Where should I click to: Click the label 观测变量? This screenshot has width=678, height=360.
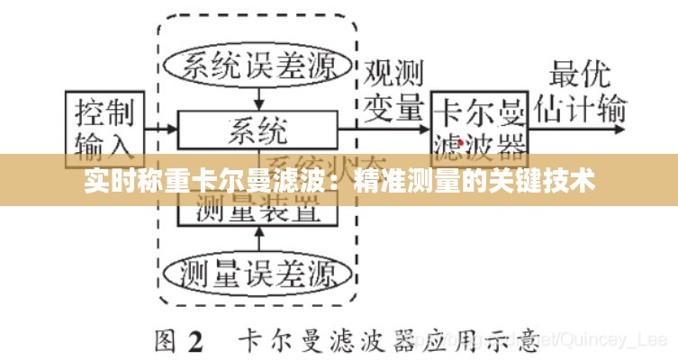(393, 90)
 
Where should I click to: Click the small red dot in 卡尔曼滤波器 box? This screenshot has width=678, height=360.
(462, 141)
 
